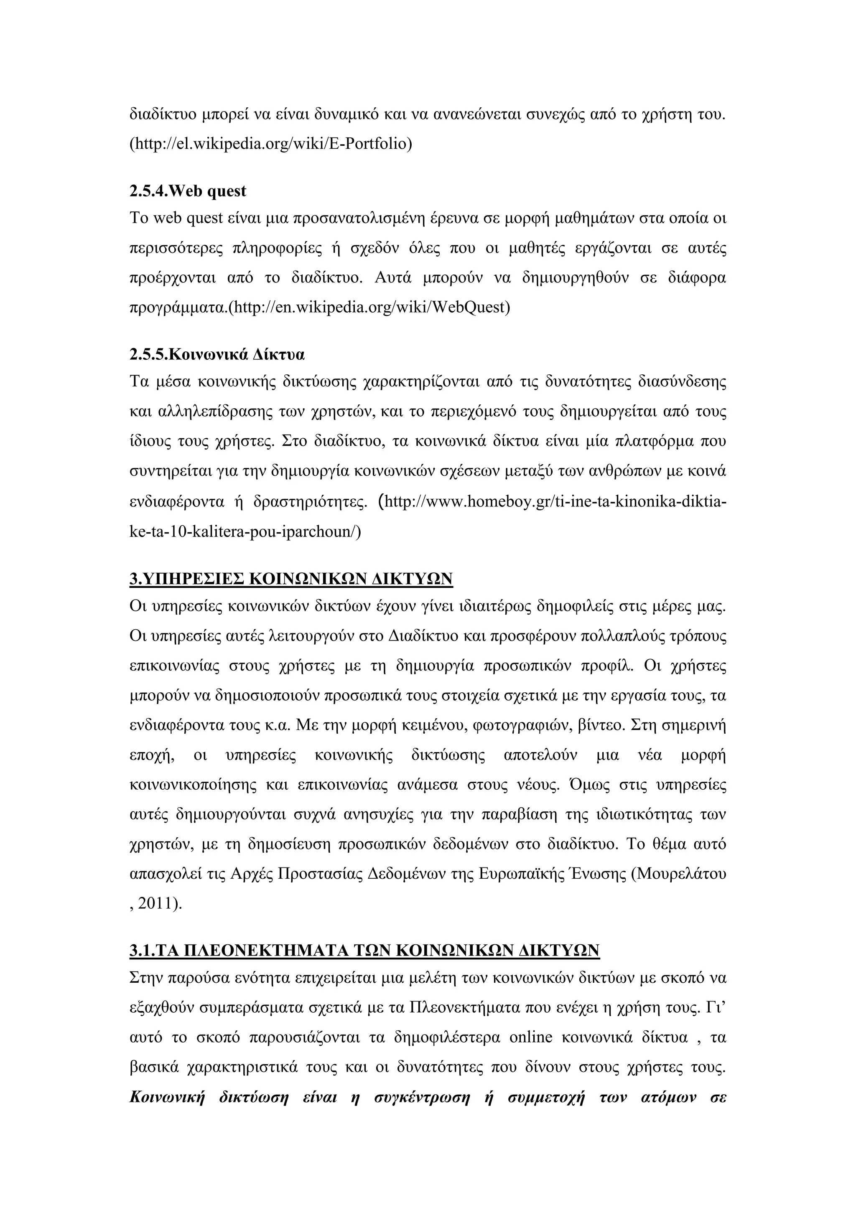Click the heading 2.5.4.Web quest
[187, 191]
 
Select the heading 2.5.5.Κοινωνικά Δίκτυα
[217, 354]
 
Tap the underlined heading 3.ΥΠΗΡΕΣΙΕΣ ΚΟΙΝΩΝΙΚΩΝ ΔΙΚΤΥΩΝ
[291, 579]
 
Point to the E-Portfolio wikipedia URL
[270, 143]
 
